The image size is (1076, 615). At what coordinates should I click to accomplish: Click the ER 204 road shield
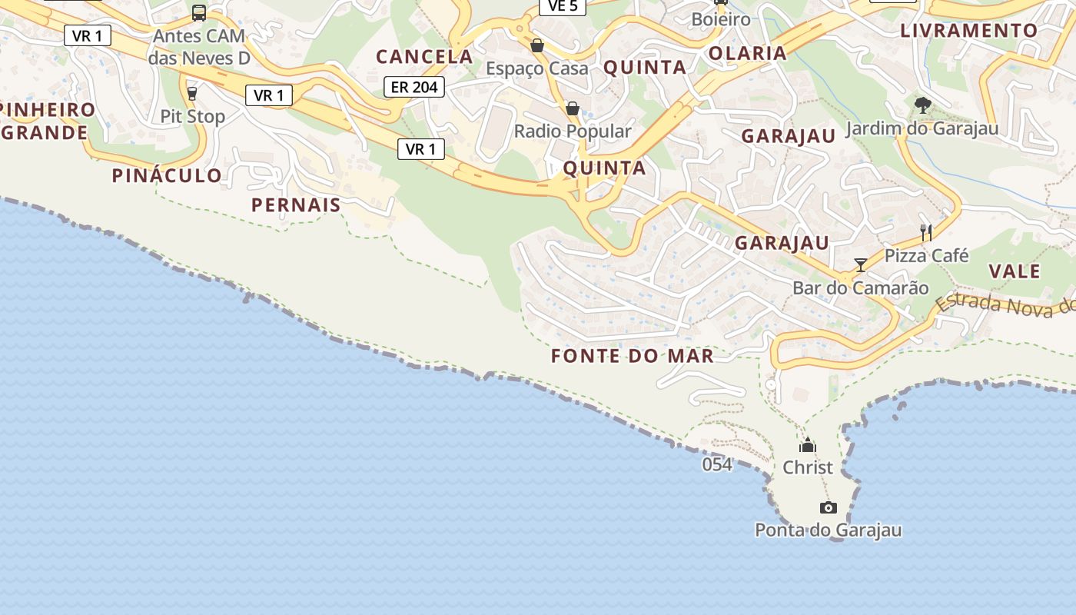pyautogui.click(x=415, y=88)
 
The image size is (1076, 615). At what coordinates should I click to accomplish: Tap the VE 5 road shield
pyautogui.click(x=563, y=6)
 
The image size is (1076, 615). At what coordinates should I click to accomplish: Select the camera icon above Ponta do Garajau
pyautogui.click(x=828, y=507)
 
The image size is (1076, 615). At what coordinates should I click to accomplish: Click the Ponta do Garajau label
pyautogui.click(x=828, y=530)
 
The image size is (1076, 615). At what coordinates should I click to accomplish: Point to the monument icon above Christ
pyautogui.click(x=807, y=446)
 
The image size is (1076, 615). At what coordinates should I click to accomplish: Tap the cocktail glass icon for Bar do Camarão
pyautogui.click(x=861, y=265)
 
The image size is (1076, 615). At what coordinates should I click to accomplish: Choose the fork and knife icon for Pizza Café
pyautogui.click(x=926, y=232)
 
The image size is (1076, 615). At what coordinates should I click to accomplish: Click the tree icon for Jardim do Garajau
pyautogui.click(x=922, y=105)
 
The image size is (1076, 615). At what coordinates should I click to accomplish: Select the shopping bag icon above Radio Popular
pyautogui.click(x=572, y=108)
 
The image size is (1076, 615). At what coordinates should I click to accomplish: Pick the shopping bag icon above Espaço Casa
pyautogui.click(x=537, y=45)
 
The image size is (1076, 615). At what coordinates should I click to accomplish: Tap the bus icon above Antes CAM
pyautogui.click(x=198, y=13)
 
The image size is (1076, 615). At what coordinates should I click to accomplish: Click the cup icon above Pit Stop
pyautogui.click(x=192, y=94)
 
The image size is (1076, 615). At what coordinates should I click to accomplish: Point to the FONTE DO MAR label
pyautogui.click(x=633, y=356)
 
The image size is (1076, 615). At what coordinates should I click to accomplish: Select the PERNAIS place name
pyautogui.click(x=296, y=205)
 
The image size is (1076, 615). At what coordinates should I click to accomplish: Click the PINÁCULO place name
pyautogui.click(x=167, y=175)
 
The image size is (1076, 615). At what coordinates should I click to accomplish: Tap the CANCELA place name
pyautogui.click(x=424, y=56)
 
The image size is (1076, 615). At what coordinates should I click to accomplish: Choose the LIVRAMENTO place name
pyautogui.click(x=969, y=31)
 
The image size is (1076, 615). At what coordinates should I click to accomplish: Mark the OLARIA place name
pyautogui.click(x=748, y=53)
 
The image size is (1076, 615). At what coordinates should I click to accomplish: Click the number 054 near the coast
pyautogui.click(x=717, y=464)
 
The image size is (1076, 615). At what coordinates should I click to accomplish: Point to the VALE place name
pyautogui.click(x=1015, y=271)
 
